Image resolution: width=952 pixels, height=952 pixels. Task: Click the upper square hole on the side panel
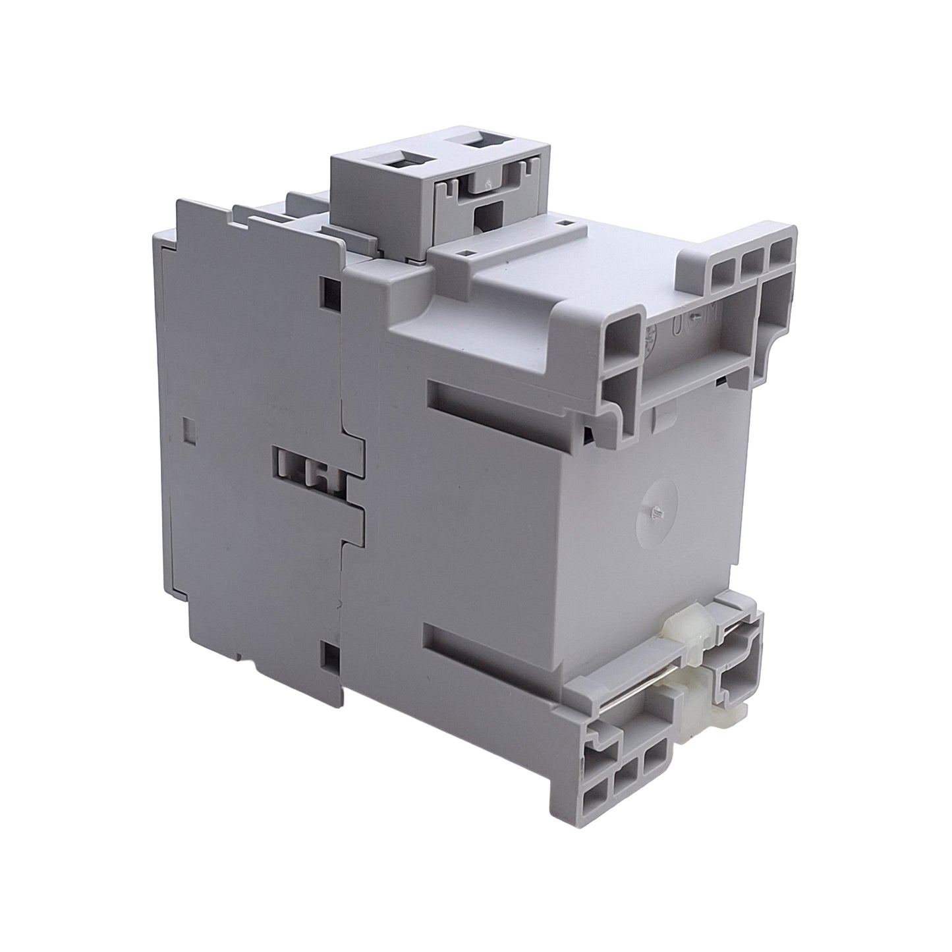pos(330,289)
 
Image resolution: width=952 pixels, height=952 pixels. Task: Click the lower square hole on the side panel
pos(329,652)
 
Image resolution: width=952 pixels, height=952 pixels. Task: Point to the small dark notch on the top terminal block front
pos(487,214)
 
